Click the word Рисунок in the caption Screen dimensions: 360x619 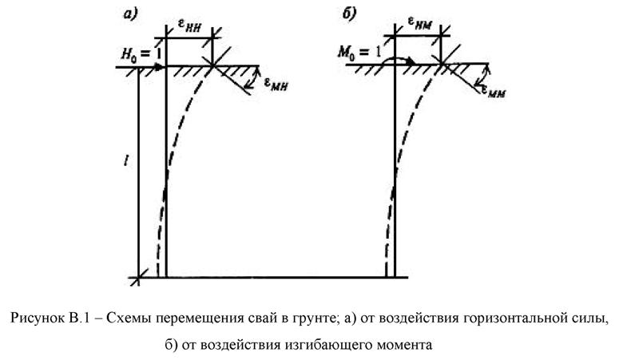click(x=37, y=318)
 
